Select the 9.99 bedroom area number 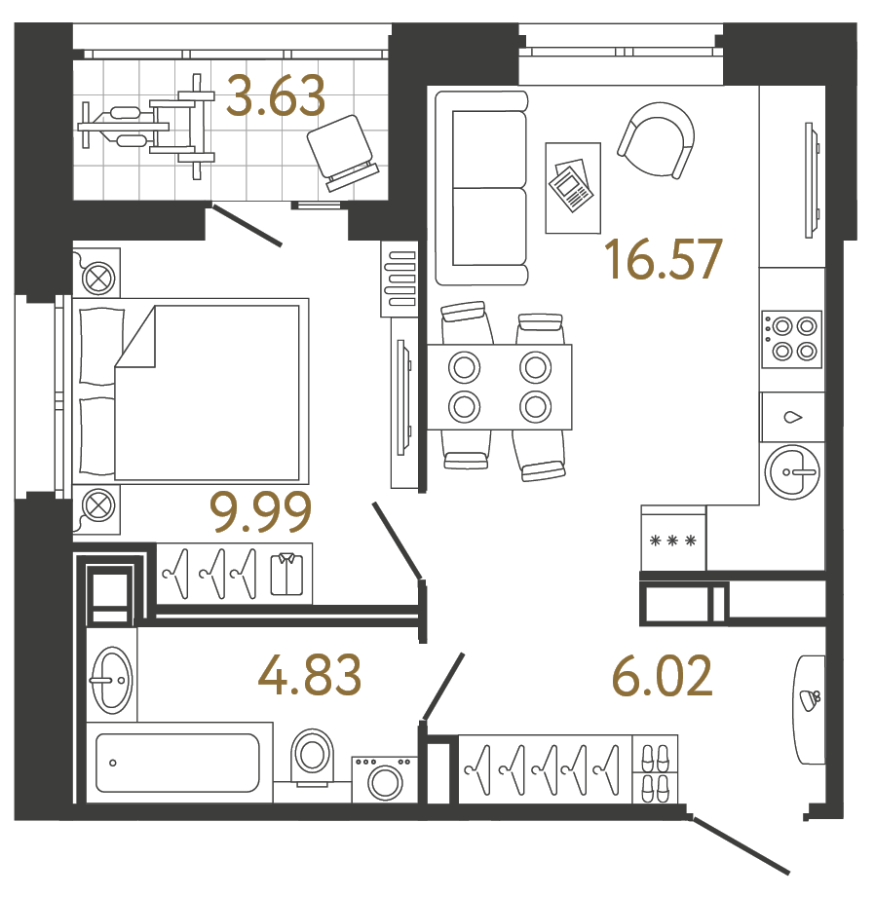(x=260, y=512)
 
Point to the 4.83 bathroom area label (x=311, y=675)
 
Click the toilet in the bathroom (x=312, y=756)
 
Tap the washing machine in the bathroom (x=384, y=780)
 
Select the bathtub (x=177, y=763)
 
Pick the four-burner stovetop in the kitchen (x=791, y=339)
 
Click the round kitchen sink (x=795, y=472)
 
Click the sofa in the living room (x=481, y=187)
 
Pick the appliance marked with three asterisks (x=671, y=539)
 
